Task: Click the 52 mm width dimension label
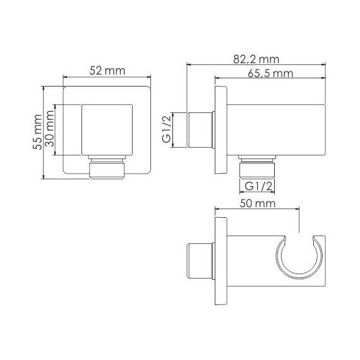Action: [107, 71]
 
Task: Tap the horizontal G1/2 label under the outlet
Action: [258, 187]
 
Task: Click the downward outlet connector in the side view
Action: [258, 167]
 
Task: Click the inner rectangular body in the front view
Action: [107, 130]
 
